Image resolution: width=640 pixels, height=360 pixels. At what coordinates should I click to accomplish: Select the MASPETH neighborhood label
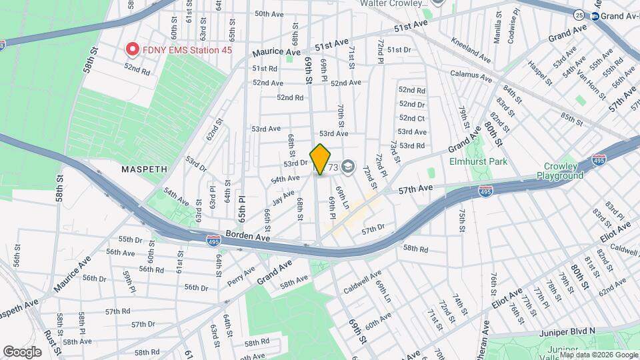pyautogui.click(x=143, y=169)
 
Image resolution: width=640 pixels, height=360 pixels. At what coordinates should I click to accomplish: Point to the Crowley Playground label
pyautogui.click(x=560, y=171)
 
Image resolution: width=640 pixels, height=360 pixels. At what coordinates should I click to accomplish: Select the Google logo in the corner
pyautogui.click(x=22, y=351)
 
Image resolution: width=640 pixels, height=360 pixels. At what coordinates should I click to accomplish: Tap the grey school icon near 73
pyautogui.click(x=348, y=167)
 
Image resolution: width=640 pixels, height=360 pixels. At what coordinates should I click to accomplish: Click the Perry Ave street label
pyautogui.click(x=241, y=273)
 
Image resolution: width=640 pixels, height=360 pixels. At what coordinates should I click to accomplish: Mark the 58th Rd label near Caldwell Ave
pyautogui.click(x=414, y=248)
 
